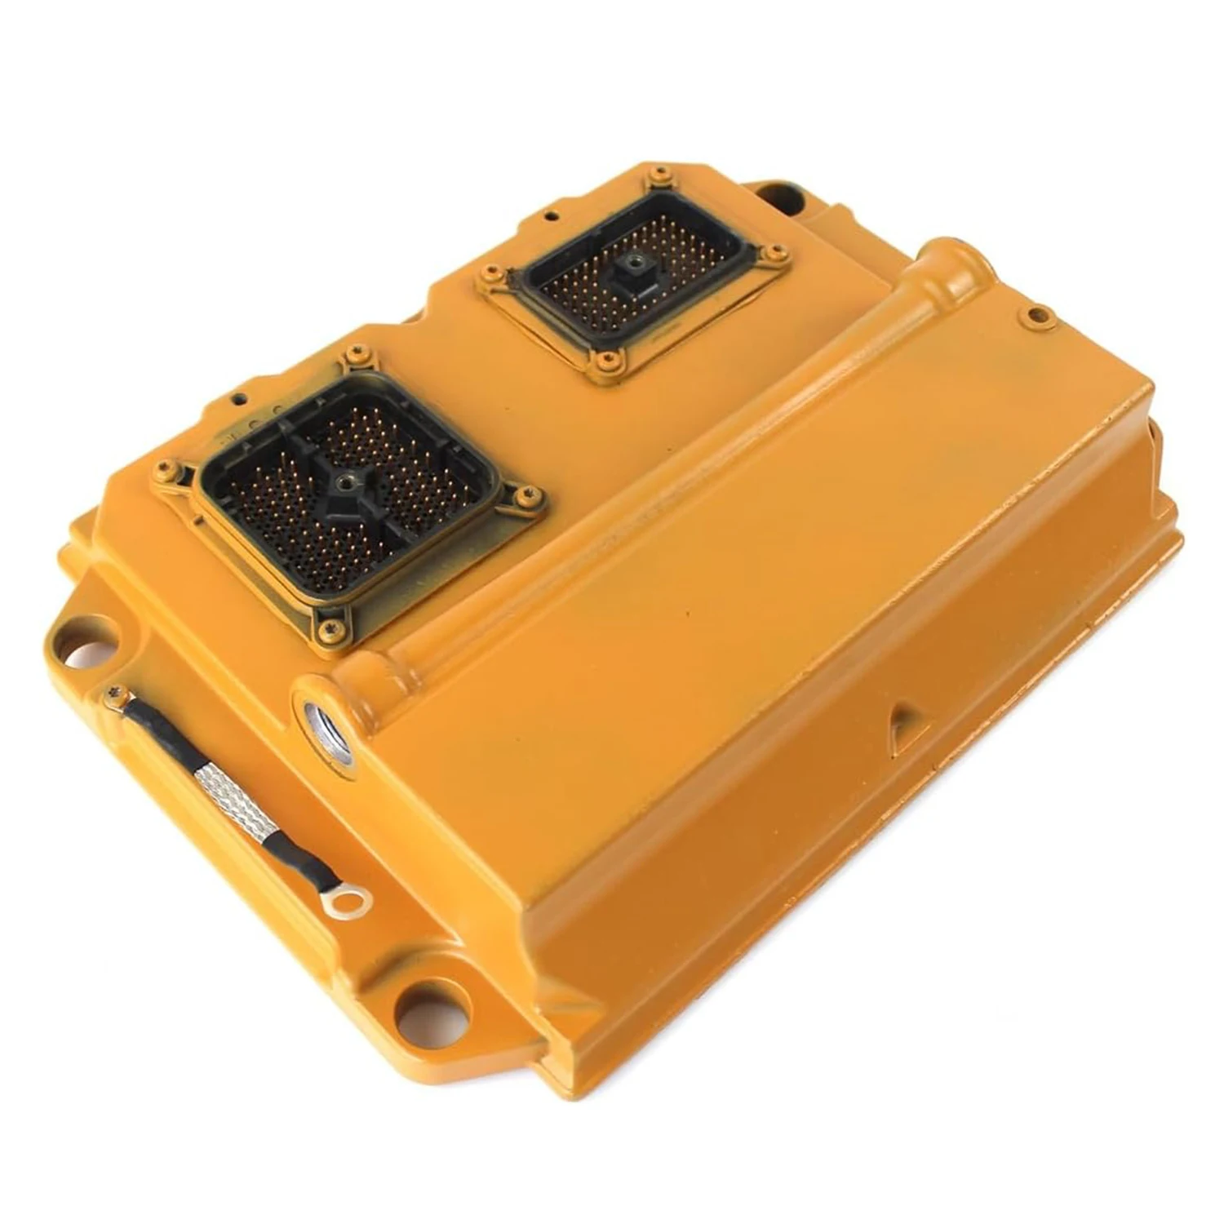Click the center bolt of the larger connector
347,482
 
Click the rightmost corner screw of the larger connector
528,494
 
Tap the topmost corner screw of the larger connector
356,353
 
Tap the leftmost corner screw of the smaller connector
491,273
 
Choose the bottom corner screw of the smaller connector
605,360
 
